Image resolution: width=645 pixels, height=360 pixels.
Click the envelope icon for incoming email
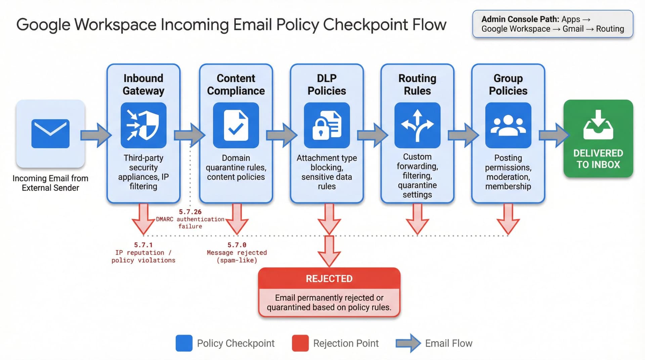coord(50,133)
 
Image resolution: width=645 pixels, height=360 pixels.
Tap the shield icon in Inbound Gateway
coord(143,125)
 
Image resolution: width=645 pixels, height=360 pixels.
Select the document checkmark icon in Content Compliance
coord(236,125)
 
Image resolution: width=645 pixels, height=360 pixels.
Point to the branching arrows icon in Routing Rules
coord(417,125)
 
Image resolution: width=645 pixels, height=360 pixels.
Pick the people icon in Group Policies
coord(508,125)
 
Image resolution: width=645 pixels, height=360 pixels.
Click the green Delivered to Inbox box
coord(598,138)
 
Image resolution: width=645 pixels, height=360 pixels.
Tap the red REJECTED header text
coord(329,279)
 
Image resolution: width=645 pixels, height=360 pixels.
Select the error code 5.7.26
coord(190,212)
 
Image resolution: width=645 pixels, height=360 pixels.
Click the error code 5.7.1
coord(143,245)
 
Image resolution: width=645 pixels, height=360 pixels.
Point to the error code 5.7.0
coord(237,245)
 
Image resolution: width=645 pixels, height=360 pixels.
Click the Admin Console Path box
coord(553,24)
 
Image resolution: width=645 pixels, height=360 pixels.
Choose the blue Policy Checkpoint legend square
coord(184,343)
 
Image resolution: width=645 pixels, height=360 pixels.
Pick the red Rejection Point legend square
coord(300,343)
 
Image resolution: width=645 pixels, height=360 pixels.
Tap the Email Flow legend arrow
coord(408,343)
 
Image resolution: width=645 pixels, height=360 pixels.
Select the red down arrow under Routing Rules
coord(417,218)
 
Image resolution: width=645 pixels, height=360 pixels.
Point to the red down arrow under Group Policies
coord(508,218)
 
